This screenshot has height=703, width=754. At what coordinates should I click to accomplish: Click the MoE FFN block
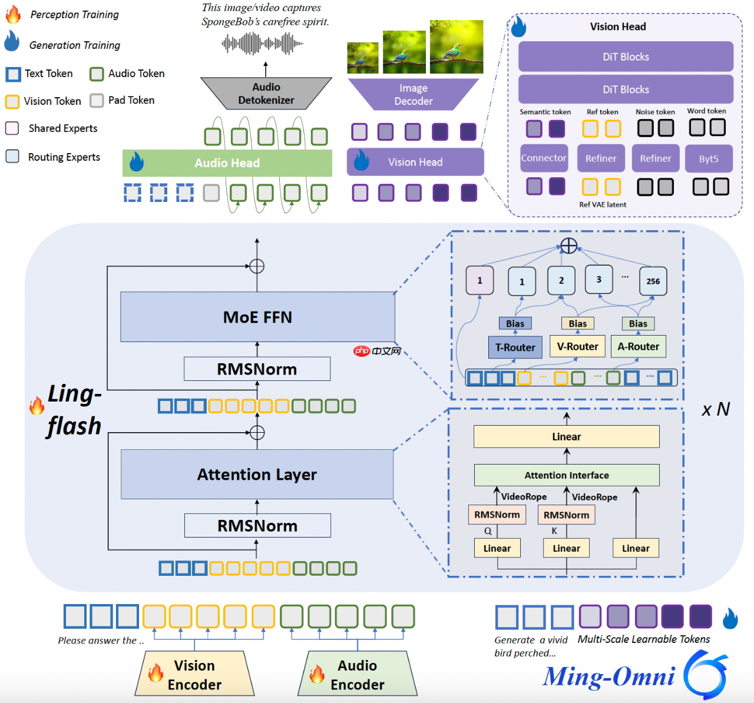[x=257, y=317]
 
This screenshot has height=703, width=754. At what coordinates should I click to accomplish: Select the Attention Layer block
[x=257, y=475]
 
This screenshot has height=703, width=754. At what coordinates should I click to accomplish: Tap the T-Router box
[x=515, y=347]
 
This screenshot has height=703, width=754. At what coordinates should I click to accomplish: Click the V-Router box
[x=577, y=347]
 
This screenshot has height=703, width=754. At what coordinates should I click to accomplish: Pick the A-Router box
[x=638, y=347]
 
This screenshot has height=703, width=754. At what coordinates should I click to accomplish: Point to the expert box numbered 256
[x=653, y=281]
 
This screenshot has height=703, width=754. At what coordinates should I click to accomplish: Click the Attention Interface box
[x=566, y=475]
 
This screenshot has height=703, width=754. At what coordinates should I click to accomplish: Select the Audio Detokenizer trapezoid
[x=266, y=94]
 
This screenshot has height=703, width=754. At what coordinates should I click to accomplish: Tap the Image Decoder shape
[x=413, y=94]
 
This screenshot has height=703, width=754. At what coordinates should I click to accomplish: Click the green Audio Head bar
[x=227, y=163]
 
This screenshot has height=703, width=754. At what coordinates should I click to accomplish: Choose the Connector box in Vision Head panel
[x=544, y=158]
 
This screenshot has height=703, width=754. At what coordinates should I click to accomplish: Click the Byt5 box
[x=708, y=159]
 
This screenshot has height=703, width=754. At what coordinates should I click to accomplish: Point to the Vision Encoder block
[x=194, y=675]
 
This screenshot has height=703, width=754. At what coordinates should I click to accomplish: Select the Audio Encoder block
[x=357, y=675]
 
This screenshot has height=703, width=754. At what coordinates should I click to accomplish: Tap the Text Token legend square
[x=13, y=74]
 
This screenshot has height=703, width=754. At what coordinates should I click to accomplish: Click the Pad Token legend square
[x=97, y=101]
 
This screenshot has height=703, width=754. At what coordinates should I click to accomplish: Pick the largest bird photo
[x=457, y=47]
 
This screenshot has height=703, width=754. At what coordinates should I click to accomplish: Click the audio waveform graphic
[x=263, y=44]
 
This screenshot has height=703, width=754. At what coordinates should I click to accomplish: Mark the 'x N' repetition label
[x=715, y=409]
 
